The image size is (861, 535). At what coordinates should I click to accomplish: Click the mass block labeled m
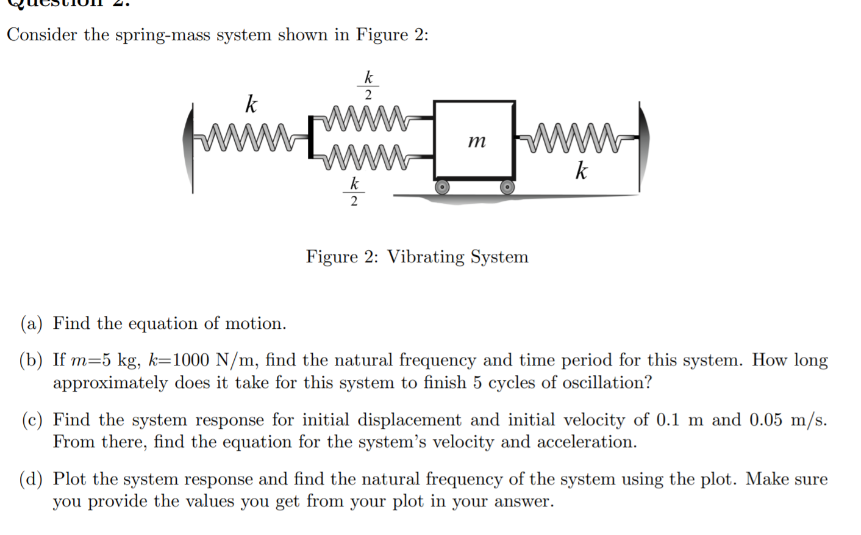click(x=474, y=141)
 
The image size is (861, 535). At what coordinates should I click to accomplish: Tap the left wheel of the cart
click(x=442, y=187)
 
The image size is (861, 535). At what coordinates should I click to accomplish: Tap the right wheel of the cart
click(x=507, y=187)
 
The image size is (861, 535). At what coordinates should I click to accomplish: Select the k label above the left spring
click(x=251, y=104)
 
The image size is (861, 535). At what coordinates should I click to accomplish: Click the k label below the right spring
click(x=581, y=171)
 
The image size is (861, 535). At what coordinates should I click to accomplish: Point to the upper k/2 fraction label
click(x=368, y=85)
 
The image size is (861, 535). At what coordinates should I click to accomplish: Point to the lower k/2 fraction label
click(x=354, y=192)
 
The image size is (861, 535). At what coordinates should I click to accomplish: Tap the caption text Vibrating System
click(x=458, y=257)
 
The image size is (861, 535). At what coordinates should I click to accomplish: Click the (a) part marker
click(x=32, y=323)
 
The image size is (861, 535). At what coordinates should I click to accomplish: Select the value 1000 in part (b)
click(x=191, y=360)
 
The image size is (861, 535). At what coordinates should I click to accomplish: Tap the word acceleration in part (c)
click(x=586, y=442)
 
